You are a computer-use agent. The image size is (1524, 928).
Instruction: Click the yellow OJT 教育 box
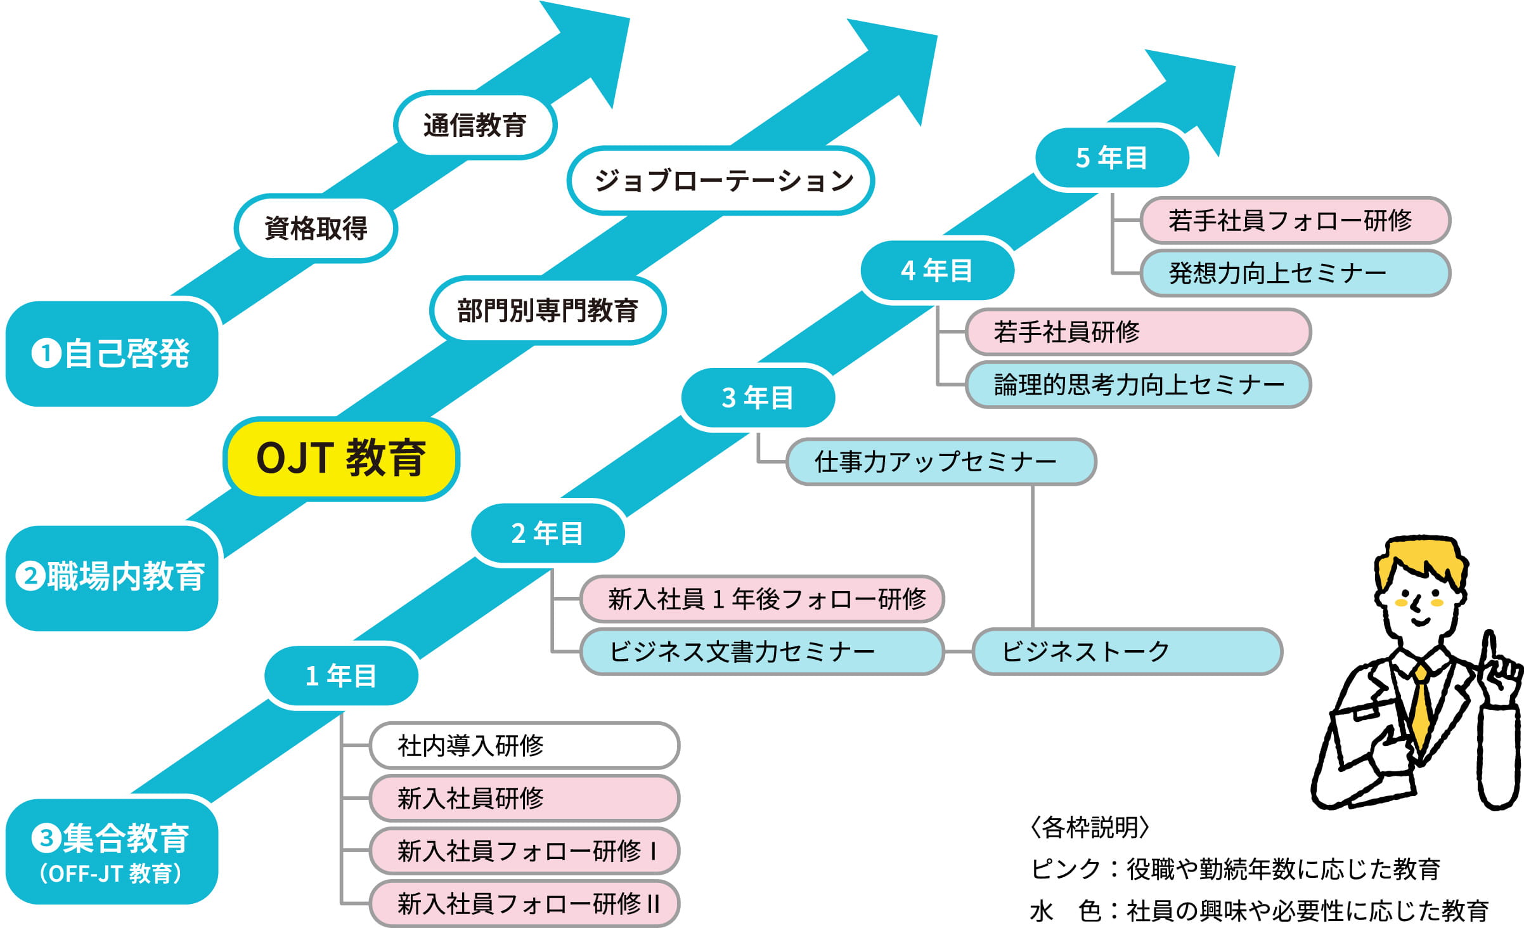[x=341, y=458]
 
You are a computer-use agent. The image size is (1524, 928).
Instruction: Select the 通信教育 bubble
[x=475, y=125]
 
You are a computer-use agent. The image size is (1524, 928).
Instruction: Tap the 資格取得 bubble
[x=316, y=228]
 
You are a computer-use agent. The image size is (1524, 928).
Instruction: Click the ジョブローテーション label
[x=721, y=181]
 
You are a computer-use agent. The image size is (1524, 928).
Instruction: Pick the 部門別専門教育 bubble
[x=547, y=311]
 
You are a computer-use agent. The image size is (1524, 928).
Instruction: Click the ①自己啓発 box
[x=112, y=353]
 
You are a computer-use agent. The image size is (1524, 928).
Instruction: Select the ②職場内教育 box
[x=112, y=577]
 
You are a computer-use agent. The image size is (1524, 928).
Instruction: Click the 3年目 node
[x=758, y=398]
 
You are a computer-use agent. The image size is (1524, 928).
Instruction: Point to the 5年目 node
[x=1111, y=157]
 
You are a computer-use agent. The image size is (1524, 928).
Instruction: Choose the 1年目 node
[x=341, y=676]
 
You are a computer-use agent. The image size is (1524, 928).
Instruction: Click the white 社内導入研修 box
[x=524, y=745]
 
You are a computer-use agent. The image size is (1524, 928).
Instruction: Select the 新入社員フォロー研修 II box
[x=524, y=903]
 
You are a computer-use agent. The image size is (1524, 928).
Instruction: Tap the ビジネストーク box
[x=1127, y=651]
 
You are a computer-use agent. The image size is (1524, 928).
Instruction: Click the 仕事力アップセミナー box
[x=941, y=461]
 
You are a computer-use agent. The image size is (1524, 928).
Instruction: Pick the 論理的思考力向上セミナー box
[x=1138, y=384]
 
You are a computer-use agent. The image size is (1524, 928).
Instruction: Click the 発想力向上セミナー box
[x=1295, y=273]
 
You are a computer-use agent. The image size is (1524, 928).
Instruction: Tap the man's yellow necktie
[x=1421, y=710]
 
